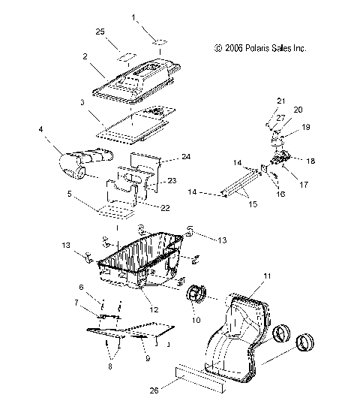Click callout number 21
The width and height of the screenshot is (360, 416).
coord(281,100)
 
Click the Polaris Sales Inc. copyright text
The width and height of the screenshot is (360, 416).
coord(260,48)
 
